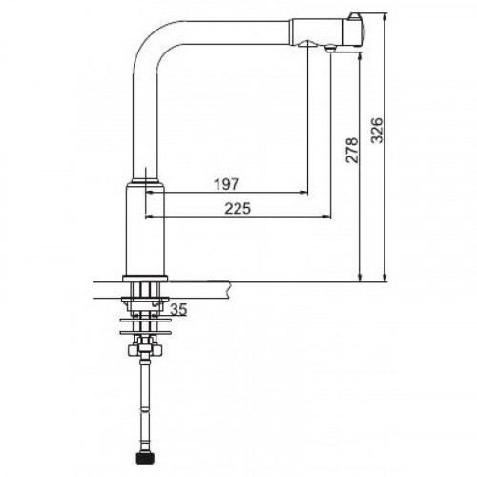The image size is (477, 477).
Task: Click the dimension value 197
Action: click(x=226, y=184)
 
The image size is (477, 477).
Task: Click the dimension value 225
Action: click(x=238, y=209)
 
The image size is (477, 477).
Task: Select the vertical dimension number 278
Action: click(x=352, y=151)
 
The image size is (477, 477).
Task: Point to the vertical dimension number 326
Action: click(x=378, y=131)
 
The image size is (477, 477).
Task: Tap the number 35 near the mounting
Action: click(x=178, y=309)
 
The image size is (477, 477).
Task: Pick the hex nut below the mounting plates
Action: click(x=145, y=350)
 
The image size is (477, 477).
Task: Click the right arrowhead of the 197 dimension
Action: click(x=303, y=193)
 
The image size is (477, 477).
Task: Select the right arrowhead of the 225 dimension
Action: click(x=326, y=217)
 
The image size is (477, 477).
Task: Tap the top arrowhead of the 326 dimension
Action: click(x=385, y=17)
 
